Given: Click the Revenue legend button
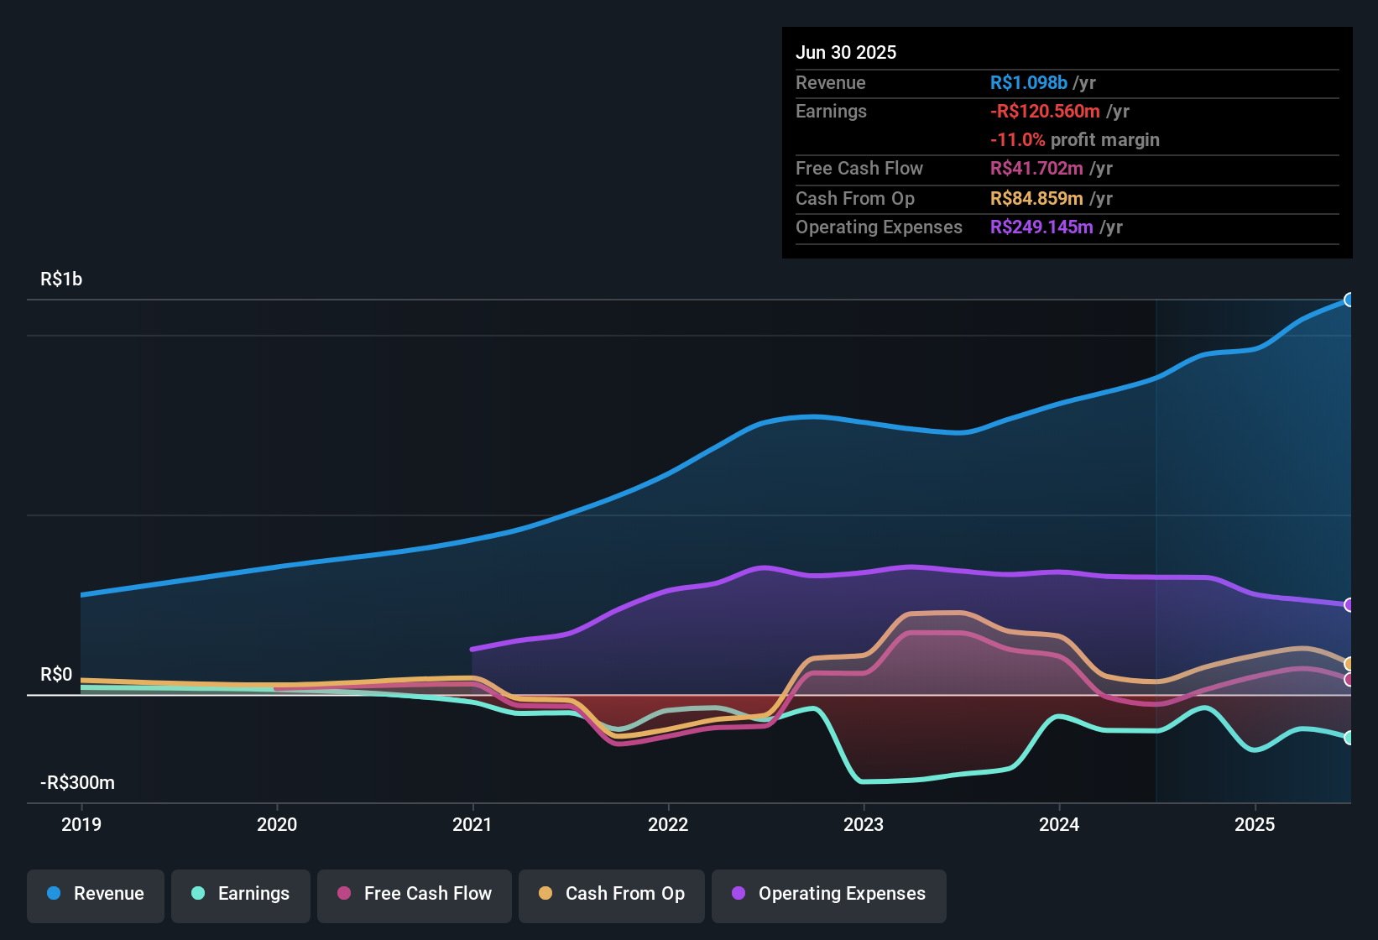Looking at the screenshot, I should coord(96,894).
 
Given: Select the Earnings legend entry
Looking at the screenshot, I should coord(241,894).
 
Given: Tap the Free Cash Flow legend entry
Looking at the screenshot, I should coord(415,894).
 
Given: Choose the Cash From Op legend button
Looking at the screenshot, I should coord(612,894).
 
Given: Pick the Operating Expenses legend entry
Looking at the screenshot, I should coord(829,894).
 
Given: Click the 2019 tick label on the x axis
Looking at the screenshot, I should coord(81,824).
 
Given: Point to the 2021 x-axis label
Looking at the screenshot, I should coord(472,824).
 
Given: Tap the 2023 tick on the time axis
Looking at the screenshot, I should coord(864,824).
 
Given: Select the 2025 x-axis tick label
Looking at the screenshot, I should coord(1255,824).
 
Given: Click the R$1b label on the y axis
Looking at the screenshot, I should coord(61,279).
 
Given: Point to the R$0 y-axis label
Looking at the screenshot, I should coord(56,675).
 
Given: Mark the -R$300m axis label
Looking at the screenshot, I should coord(77,783).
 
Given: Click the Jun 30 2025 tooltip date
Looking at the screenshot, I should coord(846,52).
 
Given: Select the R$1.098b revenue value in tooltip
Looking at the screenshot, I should coord(1028,82).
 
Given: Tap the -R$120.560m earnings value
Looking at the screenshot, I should coord(1045,112).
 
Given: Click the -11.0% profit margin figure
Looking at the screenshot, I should coord(1017,140).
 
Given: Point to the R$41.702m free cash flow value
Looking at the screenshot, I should coord(1036,169).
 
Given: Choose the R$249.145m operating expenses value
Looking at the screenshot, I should coord(1041,227).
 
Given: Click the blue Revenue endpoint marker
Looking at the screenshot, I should coord(1349,300).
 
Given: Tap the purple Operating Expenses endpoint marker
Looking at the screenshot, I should coord(1349,605).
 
